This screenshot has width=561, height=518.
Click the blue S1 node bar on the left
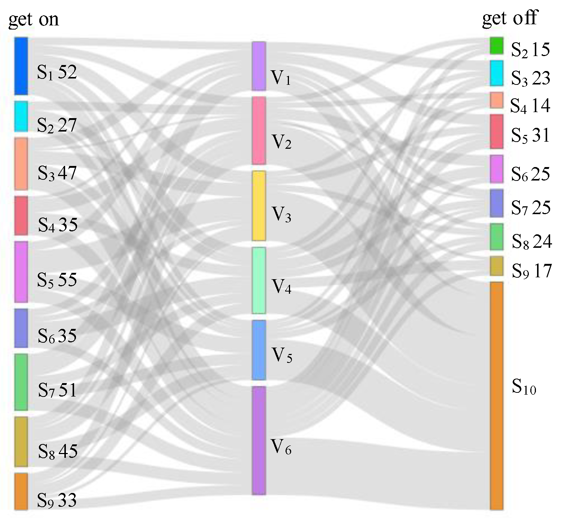point(21,66)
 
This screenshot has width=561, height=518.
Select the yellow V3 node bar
point(259,206)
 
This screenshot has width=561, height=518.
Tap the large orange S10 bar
point(497,395)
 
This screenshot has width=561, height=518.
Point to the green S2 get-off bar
point(497,45)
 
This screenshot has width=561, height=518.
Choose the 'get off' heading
point(510,18)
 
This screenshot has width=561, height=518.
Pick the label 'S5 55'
point(57,280)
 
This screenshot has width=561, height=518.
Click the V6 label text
point(281,447)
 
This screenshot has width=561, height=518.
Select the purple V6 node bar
point(259,440)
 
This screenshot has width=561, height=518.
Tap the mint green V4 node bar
point(259,280)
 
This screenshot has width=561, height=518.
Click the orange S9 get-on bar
point(21,491)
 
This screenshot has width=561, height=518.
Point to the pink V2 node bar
point(259,130)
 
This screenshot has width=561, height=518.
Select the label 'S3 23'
point(531,78)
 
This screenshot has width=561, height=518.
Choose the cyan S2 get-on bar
point(21,116)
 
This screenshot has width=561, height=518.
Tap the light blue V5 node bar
point(259,350)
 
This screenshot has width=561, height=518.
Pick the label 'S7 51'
point(58,390)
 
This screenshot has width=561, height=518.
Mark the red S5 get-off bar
point(497,132)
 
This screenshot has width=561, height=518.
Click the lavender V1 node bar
point(259,66)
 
